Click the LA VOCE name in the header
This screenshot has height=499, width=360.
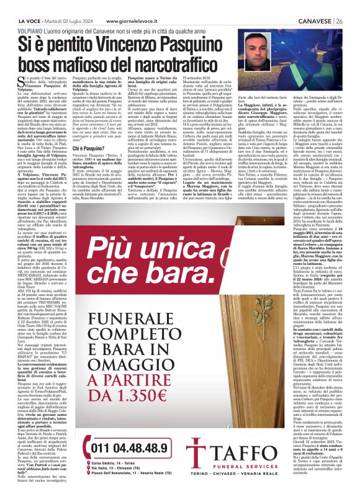[16, 5]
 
